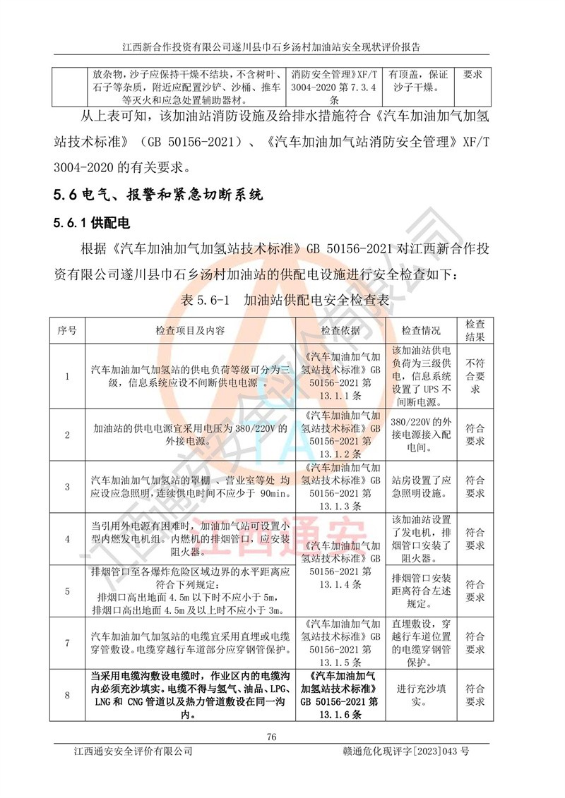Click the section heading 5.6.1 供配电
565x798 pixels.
click(x=93, y=224)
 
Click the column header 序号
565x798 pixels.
click(x=67, y=330)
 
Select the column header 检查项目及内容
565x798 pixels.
click(x=191, y=330)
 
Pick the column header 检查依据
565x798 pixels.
click(x=340, y=330)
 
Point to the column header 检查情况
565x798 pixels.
click(x=422, y=330)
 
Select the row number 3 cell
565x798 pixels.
click(x=67, y=487)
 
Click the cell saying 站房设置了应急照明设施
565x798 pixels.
click(x=422, y=487)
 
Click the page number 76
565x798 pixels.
click(x=272, y=737)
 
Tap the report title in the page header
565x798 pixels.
click(x=271, y=47)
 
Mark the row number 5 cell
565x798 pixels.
click(x=67, y=591)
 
